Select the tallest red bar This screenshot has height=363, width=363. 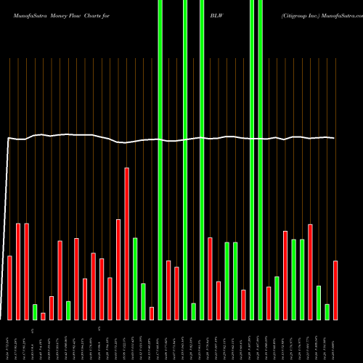pos(126,243)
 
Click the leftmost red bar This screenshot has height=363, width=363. pos(10,287)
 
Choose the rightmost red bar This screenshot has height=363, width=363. pos(335,290)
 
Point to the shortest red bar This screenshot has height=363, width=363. pos(43,316)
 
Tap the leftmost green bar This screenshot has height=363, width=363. pos(35,311)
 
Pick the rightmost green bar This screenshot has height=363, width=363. pos(327,311)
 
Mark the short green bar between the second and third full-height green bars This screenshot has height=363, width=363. pos(193,311)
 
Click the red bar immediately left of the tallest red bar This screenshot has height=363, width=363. pos(118,269)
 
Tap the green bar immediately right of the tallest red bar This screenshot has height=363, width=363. pos(135,278)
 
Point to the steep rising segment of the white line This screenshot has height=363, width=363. pos(7,218)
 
